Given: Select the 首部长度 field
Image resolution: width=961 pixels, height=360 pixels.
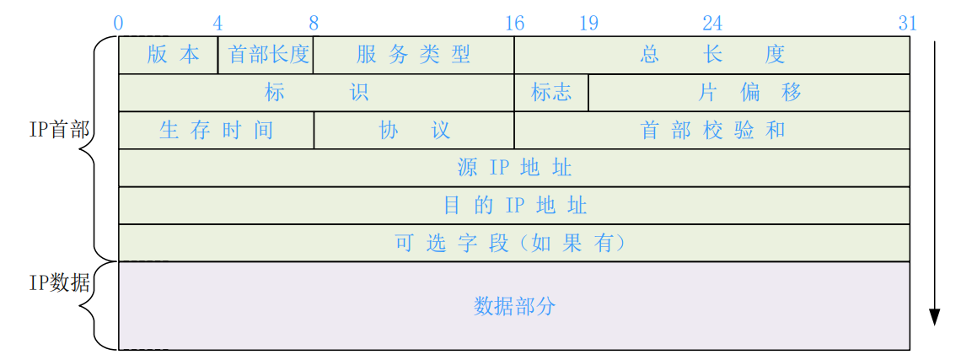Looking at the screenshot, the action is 266,56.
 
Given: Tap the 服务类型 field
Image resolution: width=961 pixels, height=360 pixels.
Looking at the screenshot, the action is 413,56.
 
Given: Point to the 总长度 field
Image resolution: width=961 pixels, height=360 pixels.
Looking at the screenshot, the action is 712,56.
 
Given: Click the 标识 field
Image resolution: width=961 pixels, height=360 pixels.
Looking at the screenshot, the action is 316,93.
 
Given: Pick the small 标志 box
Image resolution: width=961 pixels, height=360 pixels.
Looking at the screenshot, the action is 551,93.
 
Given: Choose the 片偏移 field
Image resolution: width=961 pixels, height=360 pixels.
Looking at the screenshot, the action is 749,93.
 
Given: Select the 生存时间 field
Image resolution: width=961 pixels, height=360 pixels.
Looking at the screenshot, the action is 216,131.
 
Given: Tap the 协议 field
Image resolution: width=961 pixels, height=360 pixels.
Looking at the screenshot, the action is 413,131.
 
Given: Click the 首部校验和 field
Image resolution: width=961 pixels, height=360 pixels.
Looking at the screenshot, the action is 712,131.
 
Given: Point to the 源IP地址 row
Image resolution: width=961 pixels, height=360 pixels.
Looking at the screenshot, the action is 514,168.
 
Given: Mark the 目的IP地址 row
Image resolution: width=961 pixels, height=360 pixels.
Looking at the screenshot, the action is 514,206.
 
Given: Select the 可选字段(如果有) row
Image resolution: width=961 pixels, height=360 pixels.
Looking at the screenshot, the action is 514,243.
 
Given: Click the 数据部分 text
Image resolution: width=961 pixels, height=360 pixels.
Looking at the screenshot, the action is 514,306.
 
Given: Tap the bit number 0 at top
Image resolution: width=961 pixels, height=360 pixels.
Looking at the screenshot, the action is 118,24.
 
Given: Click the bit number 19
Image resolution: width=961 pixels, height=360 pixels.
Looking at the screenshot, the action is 588,24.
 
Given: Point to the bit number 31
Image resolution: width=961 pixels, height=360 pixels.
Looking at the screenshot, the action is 907,24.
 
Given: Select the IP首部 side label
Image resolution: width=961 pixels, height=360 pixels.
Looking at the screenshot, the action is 59,131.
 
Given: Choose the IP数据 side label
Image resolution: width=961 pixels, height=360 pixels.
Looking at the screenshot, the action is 59,283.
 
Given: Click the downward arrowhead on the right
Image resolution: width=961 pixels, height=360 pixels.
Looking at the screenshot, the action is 934,317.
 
